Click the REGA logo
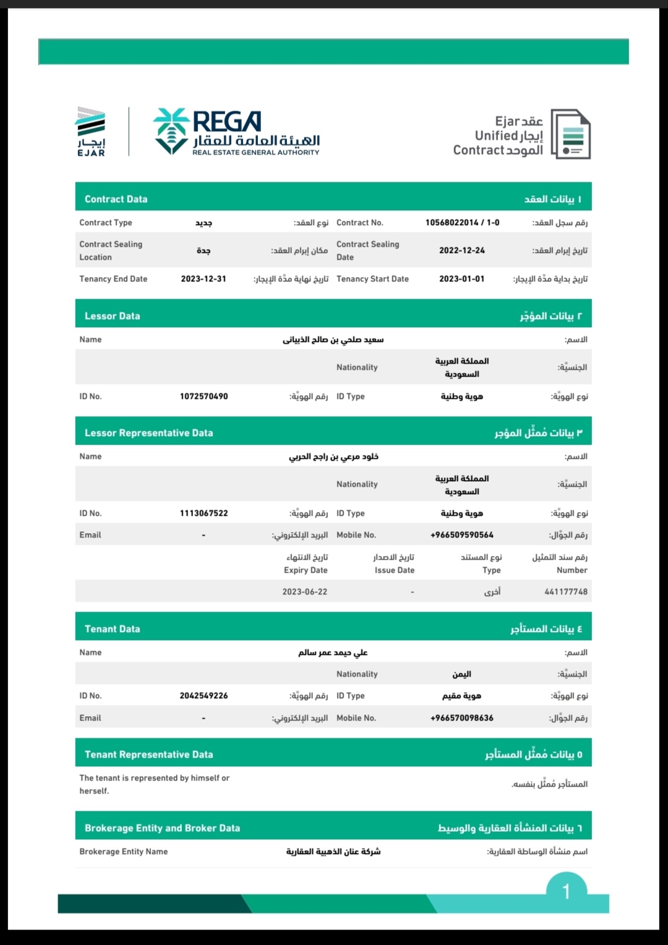click(236, 132)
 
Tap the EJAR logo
click(91, 132)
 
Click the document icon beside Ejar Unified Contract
click(570, 134)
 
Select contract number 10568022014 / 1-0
click(462, 223)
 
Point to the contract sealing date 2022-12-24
click(462, 250)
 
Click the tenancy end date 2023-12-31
click(203, 279)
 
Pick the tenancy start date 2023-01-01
click(462, 279)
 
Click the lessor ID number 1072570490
click(203, 396)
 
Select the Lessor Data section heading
click(113, 316)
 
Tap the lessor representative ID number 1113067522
click(203, 513)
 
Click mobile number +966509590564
click(462, 535)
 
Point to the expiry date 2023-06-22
click(305, 592)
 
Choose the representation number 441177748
click(566, 592)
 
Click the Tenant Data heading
click(113, 629)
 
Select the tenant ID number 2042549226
click(203, 696)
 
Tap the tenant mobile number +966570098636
click(462, 718)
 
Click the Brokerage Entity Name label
click(124, 852)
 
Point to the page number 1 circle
click(566, 891)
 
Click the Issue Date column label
click(395, 570)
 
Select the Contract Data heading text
click(116, 199)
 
